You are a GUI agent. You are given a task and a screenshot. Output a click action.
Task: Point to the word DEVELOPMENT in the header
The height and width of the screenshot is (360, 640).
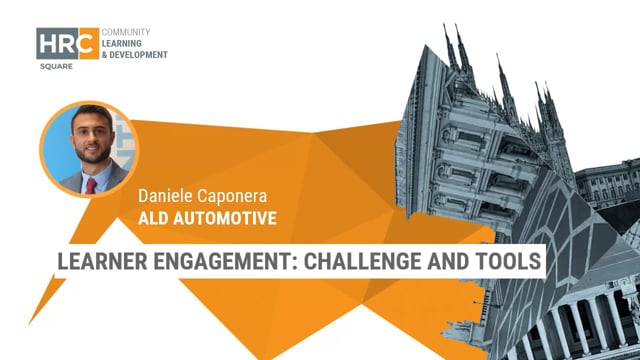click(x=139, y=54)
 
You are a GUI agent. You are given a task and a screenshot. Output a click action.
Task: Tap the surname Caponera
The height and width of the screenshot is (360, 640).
click(x=237, y=197)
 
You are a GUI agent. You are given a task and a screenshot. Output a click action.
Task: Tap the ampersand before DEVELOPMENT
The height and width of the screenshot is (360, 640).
click(x=105, y=54)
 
